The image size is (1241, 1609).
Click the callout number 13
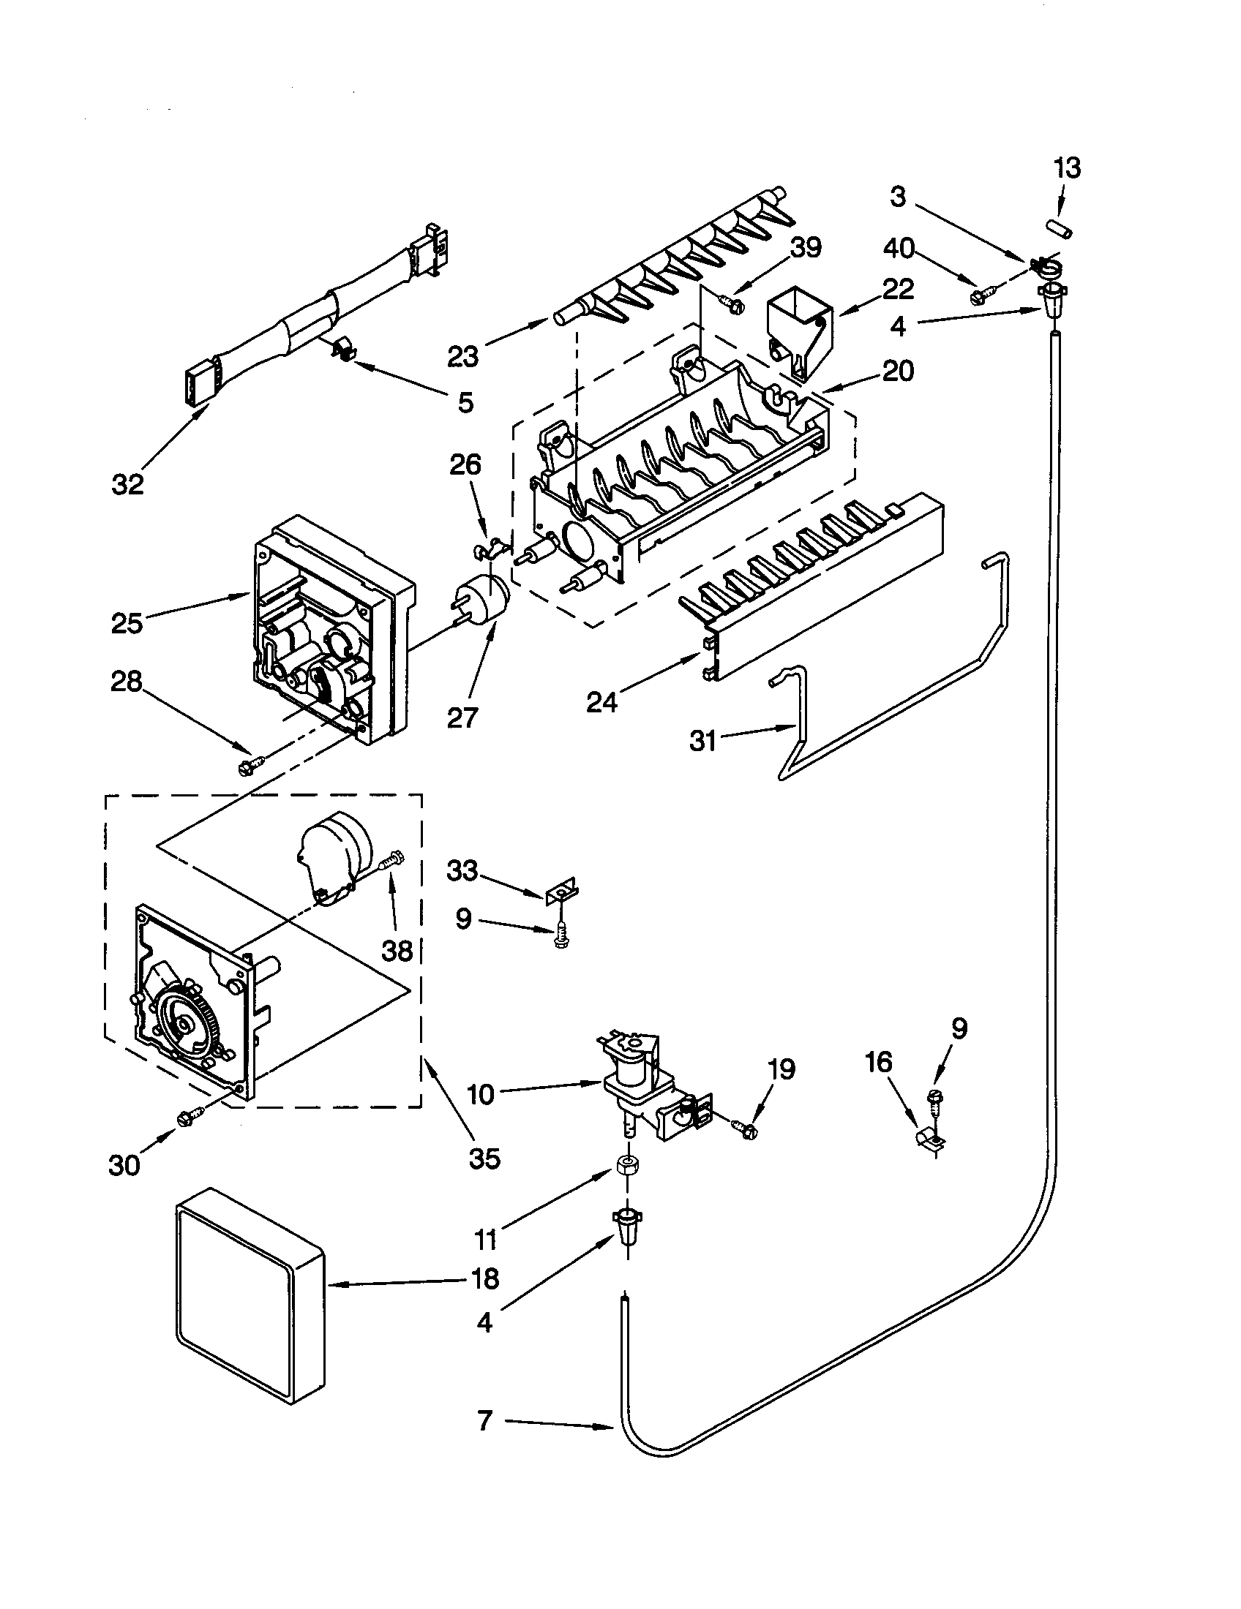point(1066,168)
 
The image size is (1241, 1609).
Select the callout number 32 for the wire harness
point(127,484)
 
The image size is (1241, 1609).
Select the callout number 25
point(127,623)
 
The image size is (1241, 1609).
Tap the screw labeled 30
point(184,1119)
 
